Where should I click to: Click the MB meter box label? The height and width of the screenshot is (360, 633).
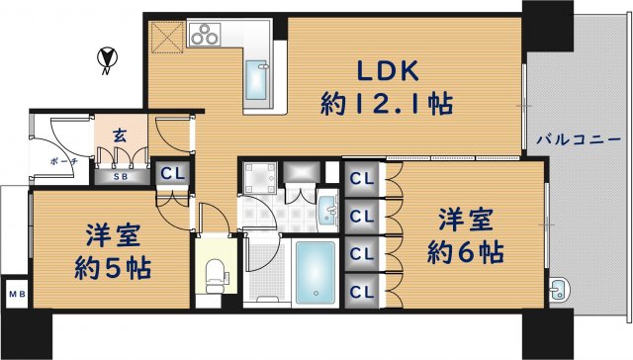[x=16, y=294]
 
